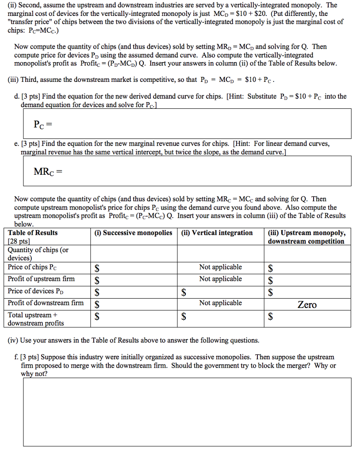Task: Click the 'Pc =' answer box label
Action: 42,125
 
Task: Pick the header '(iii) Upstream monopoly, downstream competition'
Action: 306,237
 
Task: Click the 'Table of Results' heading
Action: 33,233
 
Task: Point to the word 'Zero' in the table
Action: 307,305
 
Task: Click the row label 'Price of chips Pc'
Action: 32,267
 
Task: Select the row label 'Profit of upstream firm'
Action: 41,279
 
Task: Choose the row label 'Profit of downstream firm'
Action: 46,303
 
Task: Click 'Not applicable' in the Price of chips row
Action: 220,267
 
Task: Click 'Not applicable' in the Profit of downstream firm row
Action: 220,303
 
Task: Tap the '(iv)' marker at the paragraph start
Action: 14,341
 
